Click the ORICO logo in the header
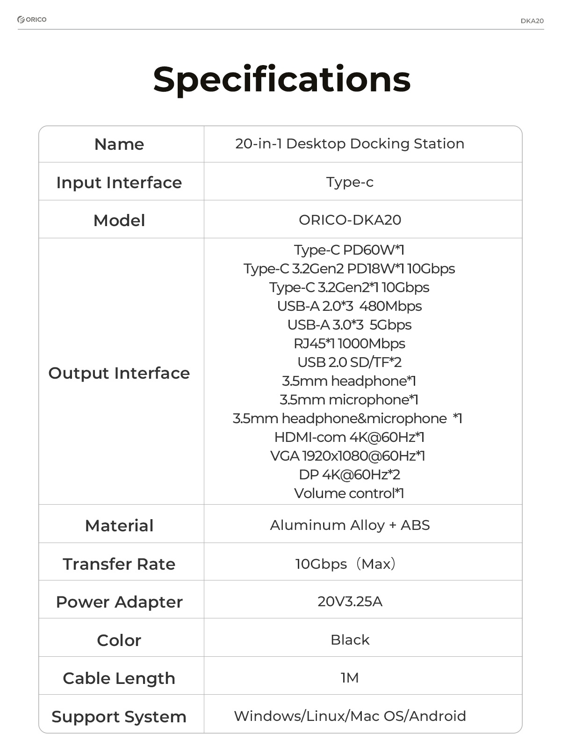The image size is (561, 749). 32,20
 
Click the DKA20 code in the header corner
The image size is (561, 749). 532,21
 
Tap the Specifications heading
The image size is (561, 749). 282,80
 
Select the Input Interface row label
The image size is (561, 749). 119,183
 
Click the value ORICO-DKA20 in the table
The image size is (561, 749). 350,220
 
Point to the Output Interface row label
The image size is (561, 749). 119,373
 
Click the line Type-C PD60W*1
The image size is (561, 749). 349,250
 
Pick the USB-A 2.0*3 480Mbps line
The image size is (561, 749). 349,306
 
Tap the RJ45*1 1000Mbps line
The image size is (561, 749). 349,344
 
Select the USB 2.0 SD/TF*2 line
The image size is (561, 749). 349,362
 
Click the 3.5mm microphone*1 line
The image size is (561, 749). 349,400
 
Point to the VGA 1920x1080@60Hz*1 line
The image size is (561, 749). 347,456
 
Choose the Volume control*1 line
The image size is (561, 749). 349,493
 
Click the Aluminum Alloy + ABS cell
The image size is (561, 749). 350,525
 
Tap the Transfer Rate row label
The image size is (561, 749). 119,564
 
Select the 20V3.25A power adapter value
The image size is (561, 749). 350,602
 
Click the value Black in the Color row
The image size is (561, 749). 350,640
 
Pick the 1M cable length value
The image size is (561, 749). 350,678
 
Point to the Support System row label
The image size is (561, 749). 119,717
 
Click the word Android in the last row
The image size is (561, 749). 438,716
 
